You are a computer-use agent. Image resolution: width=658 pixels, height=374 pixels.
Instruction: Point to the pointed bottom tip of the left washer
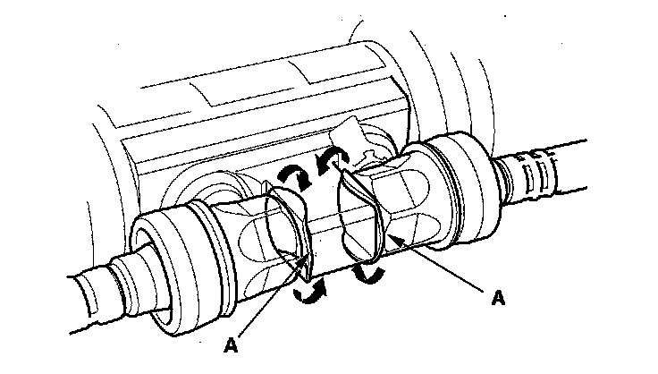pyautogui.click(x=305, y=267)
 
